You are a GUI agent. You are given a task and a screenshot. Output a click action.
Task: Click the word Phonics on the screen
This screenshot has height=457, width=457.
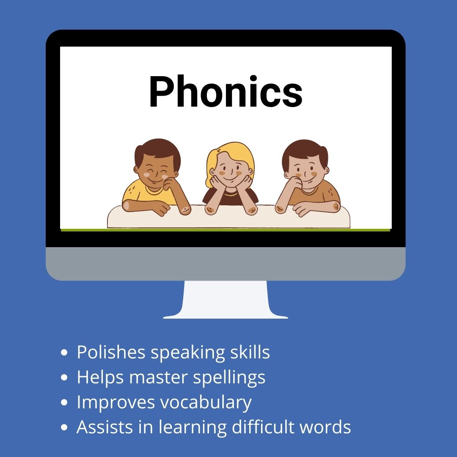coord(226,91)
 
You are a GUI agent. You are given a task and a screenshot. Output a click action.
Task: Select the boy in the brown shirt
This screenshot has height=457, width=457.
coord(308,178)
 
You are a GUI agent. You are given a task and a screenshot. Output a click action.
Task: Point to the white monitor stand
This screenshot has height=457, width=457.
coord(226,300)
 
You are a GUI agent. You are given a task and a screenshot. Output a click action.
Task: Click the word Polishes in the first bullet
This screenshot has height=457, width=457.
coord(111,352)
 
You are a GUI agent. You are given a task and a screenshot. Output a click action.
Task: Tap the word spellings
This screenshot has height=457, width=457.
coord(229,378)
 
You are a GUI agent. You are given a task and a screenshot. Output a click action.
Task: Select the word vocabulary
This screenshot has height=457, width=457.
coord(206,402)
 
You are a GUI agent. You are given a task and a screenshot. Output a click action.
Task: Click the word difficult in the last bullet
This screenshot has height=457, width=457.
coord(263,427)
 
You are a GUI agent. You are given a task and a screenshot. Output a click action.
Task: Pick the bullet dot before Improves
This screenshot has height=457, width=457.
coord(64,402)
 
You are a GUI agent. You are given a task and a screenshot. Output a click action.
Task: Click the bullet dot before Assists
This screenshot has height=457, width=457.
coord(64,427)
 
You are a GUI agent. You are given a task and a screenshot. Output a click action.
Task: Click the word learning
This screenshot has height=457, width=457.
coord(193,427)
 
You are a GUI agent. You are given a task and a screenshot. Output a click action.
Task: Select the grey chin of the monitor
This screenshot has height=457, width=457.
coord(226,264)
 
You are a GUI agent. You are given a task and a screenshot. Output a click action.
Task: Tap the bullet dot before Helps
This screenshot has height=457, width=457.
coord(64,377)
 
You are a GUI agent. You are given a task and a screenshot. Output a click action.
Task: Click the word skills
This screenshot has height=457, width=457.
coord(250,352)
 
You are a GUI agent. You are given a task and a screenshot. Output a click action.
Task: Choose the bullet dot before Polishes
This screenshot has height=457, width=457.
coord(64,352)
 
